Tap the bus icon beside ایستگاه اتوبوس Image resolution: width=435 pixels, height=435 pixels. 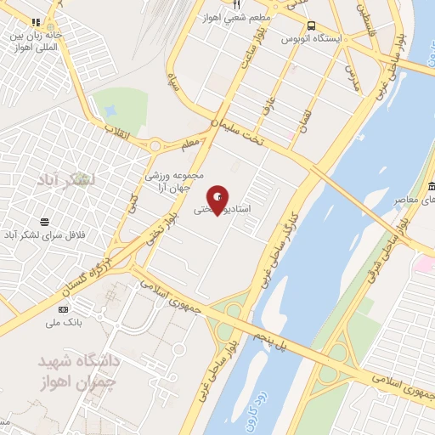pos(313,26)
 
